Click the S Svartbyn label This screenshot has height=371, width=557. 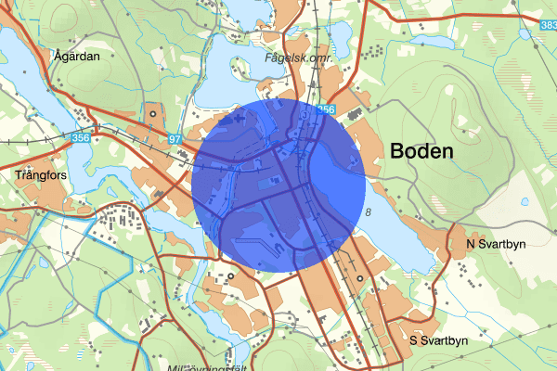tap(438, 341)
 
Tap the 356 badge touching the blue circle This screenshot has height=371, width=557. tap(325, 109)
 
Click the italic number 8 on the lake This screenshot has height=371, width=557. tap(369, 213)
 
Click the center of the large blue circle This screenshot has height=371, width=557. tap(279, 186)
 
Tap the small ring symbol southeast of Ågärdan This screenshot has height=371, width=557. tap(152, 115)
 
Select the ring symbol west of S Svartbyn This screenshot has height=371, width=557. tap(359, 278)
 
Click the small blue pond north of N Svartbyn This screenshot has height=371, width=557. tap(525, 200)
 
